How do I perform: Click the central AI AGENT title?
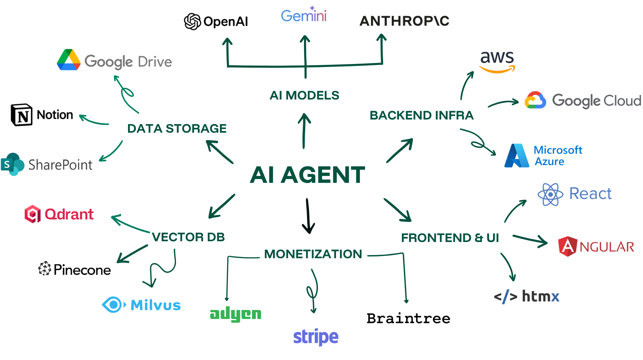tap(307, 175)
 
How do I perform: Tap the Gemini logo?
tap(304, 15)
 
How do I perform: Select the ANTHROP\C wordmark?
tap(404, 21)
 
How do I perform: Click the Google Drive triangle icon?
tap(69, 60)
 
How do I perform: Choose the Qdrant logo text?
tap(69, 214)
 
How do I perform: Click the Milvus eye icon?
tap(113, 305)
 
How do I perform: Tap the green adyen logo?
tap(235, 314)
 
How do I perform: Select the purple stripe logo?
tap(316, 337)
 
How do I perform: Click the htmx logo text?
tap(541, 297)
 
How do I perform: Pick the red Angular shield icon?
tap(567, 247)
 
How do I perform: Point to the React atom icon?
tap(550, 194)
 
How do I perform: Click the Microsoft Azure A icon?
tap(517, 156)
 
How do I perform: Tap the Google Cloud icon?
tap(535, 100)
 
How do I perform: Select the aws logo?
tap(497, 61)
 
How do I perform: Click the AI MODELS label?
tap(304, 95)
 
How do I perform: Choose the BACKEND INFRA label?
tap(422, 115)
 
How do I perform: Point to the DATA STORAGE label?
tap(177, 129)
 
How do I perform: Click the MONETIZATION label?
tap(313, 254)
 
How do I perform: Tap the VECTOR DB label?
tap(188, 237)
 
